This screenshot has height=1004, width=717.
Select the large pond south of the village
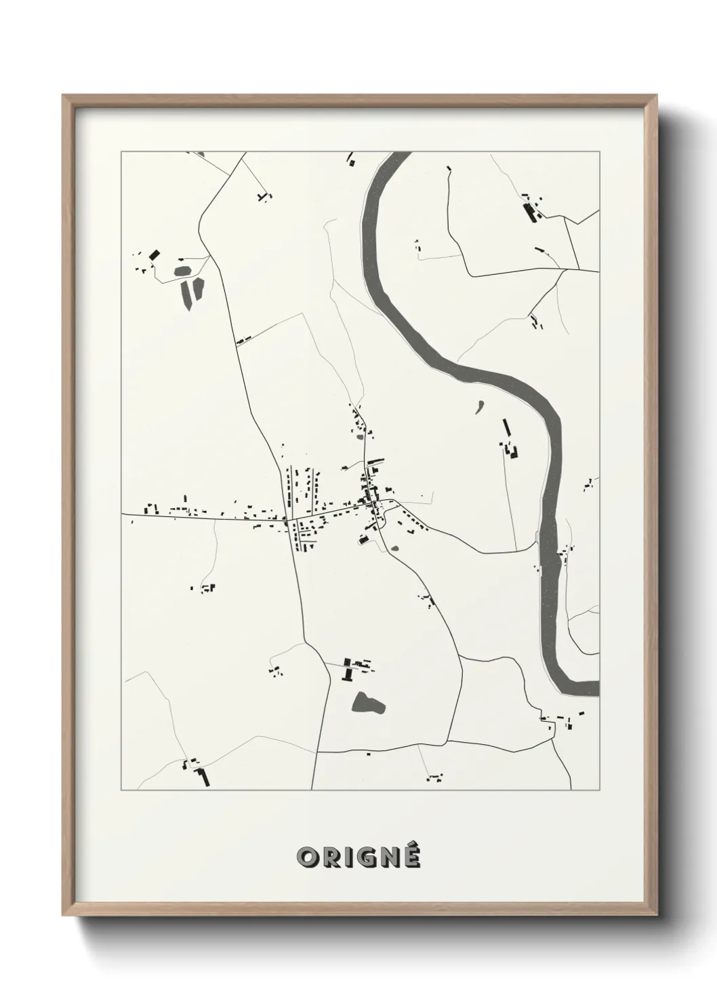click(369, 703)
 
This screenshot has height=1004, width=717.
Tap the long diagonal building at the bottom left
click(203, 776)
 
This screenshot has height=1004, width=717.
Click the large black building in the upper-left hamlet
click(155, 255)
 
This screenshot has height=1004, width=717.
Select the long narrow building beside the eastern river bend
click(506, 428)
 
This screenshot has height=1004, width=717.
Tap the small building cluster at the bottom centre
click(434, 775)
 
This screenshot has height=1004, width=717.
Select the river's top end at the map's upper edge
click(400, 155)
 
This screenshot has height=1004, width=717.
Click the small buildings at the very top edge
click(351, 160)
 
